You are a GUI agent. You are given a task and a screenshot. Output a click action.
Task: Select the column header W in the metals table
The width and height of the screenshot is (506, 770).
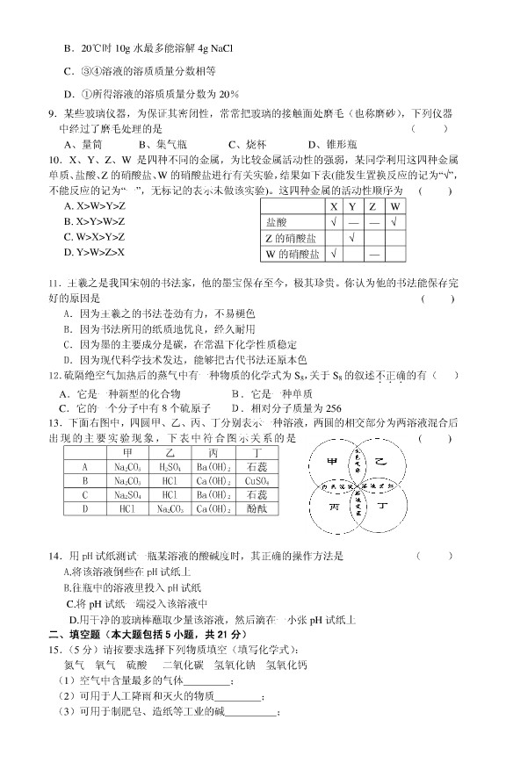coord(395,206)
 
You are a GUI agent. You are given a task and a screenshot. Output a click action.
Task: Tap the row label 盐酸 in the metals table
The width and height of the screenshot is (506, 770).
coord(277,222)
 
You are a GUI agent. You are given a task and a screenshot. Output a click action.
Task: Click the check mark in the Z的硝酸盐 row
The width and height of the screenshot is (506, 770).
coord(352,238)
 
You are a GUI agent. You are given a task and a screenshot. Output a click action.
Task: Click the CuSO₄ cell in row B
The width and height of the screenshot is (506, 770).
coord(257,481)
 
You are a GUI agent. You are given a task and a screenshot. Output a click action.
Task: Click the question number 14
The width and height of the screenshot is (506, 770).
coord(55,556)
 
